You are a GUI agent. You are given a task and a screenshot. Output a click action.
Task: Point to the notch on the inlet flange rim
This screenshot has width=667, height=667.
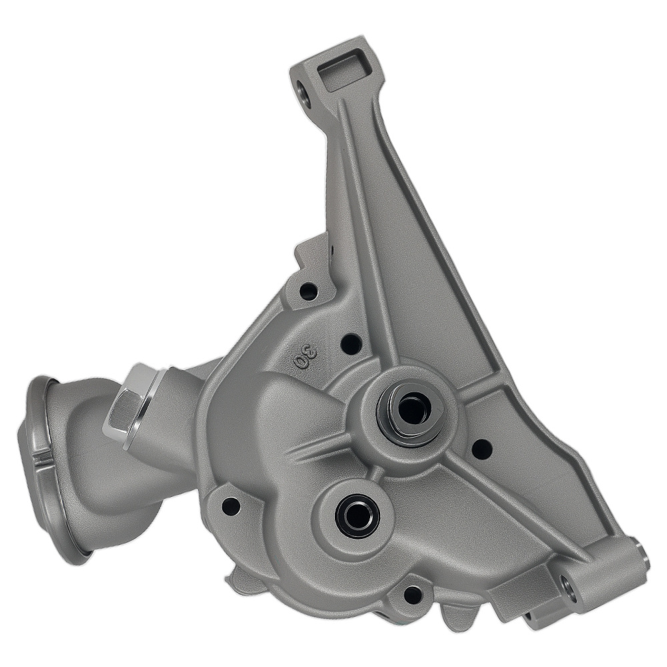coord(41,458)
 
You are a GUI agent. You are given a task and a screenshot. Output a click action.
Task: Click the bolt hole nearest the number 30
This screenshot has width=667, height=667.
coord(351,344)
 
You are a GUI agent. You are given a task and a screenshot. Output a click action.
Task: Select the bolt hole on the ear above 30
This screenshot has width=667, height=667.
coord(308,291)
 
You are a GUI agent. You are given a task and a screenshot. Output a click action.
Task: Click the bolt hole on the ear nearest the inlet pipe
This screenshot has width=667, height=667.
coord(231,506)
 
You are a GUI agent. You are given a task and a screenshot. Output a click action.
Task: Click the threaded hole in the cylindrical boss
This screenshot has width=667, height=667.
coord(568,586)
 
